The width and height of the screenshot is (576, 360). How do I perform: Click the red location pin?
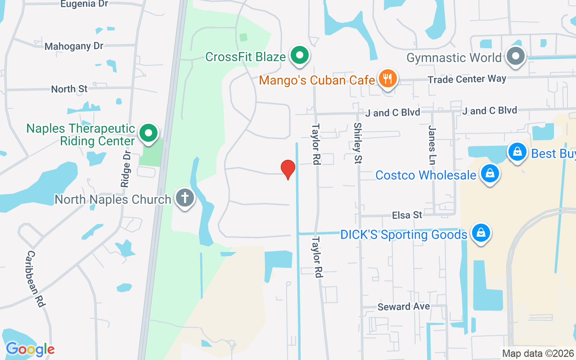288,170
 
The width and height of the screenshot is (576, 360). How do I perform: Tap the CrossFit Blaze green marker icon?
299,56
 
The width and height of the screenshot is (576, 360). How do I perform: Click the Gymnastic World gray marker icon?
516,56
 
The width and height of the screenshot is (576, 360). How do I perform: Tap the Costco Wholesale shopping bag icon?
490,173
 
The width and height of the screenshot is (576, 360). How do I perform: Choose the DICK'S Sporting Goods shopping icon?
481,233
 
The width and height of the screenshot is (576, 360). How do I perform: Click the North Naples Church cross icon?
184,198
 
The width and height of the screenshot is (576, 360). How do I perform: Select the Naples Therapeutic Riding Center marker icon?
148,133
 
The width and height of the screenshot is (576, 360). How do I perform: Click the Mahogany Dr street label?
74,46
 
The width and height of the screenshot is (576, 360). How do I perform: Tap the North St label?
69,89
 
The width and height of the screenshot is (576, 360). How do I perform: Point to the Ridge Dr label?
126,168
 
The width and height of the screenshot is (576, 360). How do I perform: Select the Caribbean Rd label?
36,279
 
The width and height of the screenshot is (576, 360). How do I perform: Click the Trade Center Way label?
467,79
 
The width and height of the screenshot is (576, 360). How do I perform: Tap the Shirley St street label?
358,143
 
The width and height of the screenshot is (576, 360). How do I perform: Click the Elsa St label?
407,215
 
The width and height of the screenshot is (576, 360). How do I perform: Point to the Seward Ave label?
404,306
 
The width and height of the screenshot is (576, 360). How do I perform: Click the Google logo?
30,349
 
